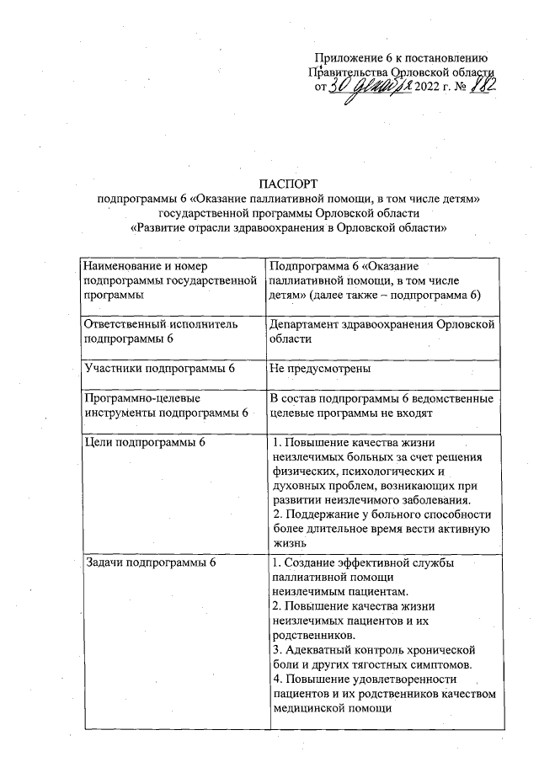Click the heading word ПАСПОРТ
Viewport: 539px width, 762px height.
pos(289,183)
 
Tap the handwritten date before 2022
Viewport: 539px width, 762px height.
pos(370,86)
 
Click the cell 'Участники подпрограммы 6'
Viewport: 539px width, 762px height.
pos(158,369)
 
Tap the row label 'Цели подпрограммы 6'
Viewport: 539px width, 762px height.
pos(144,443)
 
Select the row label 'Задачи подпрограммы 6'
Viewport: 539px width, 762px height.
pos(149,562)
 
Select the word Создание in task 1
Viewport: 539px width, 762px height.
pos(312,562)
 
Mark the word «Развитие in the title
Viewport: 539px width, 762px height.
pos(163,227)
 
